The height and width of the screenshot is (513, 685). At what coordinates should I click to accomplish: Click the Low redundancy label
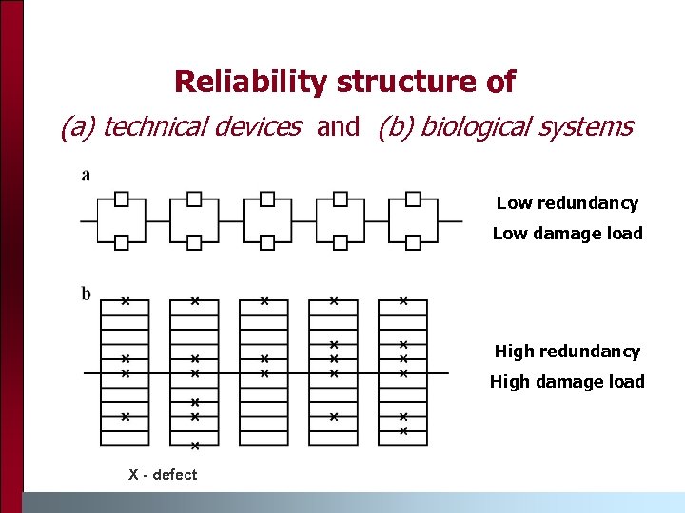click(567, 203)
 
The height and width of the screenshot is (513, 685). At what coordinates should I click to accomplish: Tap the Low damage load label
click(567, 234)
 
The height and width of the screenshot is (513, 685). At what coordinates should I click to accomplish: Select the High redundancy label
click(567, 351)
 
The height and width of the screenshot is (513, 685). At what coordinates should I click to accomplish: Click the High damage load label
click(567, 382)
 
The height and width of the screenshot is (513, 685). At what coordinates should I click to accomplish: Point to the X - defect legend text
click(163, 475)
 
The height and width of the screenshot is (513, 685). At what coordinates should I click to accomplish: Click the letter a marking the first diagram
click(87, 175)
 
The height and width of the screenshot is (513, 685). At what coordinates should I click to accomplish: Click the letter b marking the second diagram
click(87, 293)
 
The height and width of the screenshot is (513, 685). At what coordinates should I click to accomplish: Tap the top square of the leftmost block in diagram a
click(122, 199)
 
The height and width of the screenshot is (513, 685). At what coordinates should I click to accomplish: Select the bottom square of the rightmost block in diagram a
click(413, 242)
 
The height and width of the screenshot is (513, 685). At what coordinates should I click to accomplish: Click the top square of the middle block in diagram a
click(267, 199)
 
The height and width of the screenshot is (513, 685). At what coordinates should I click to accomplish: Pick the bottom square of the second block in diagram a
click(194, 242)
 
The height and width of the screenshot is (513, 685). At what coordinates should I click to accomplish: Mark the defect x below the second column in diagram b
click(194, 445)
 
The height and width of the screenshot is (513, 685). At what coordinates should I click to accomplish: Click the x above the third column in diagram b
click(264, 301)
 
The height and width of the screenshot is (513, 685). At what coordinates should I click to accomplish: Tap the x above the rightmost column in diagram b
click(402, 301)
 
